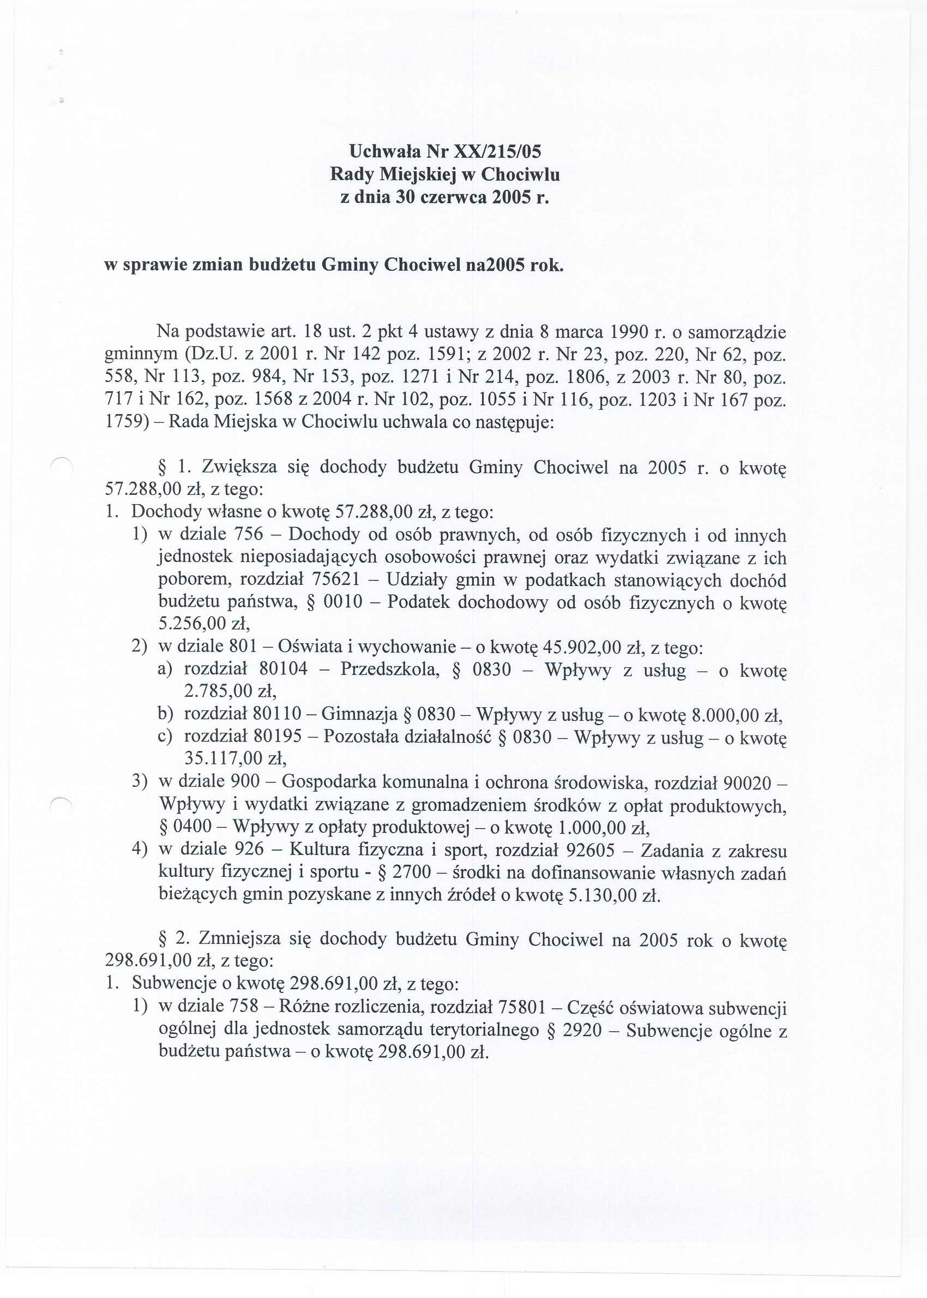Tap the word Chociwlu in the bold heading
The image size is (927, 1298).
pyautogui.click(x=521, y=174)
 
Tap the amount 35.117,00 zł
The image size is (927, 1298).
pyautogui.click(x=234, y=758)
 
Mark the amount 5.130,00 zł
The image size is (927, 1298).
pyautogui.click(x=614, y=894)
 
